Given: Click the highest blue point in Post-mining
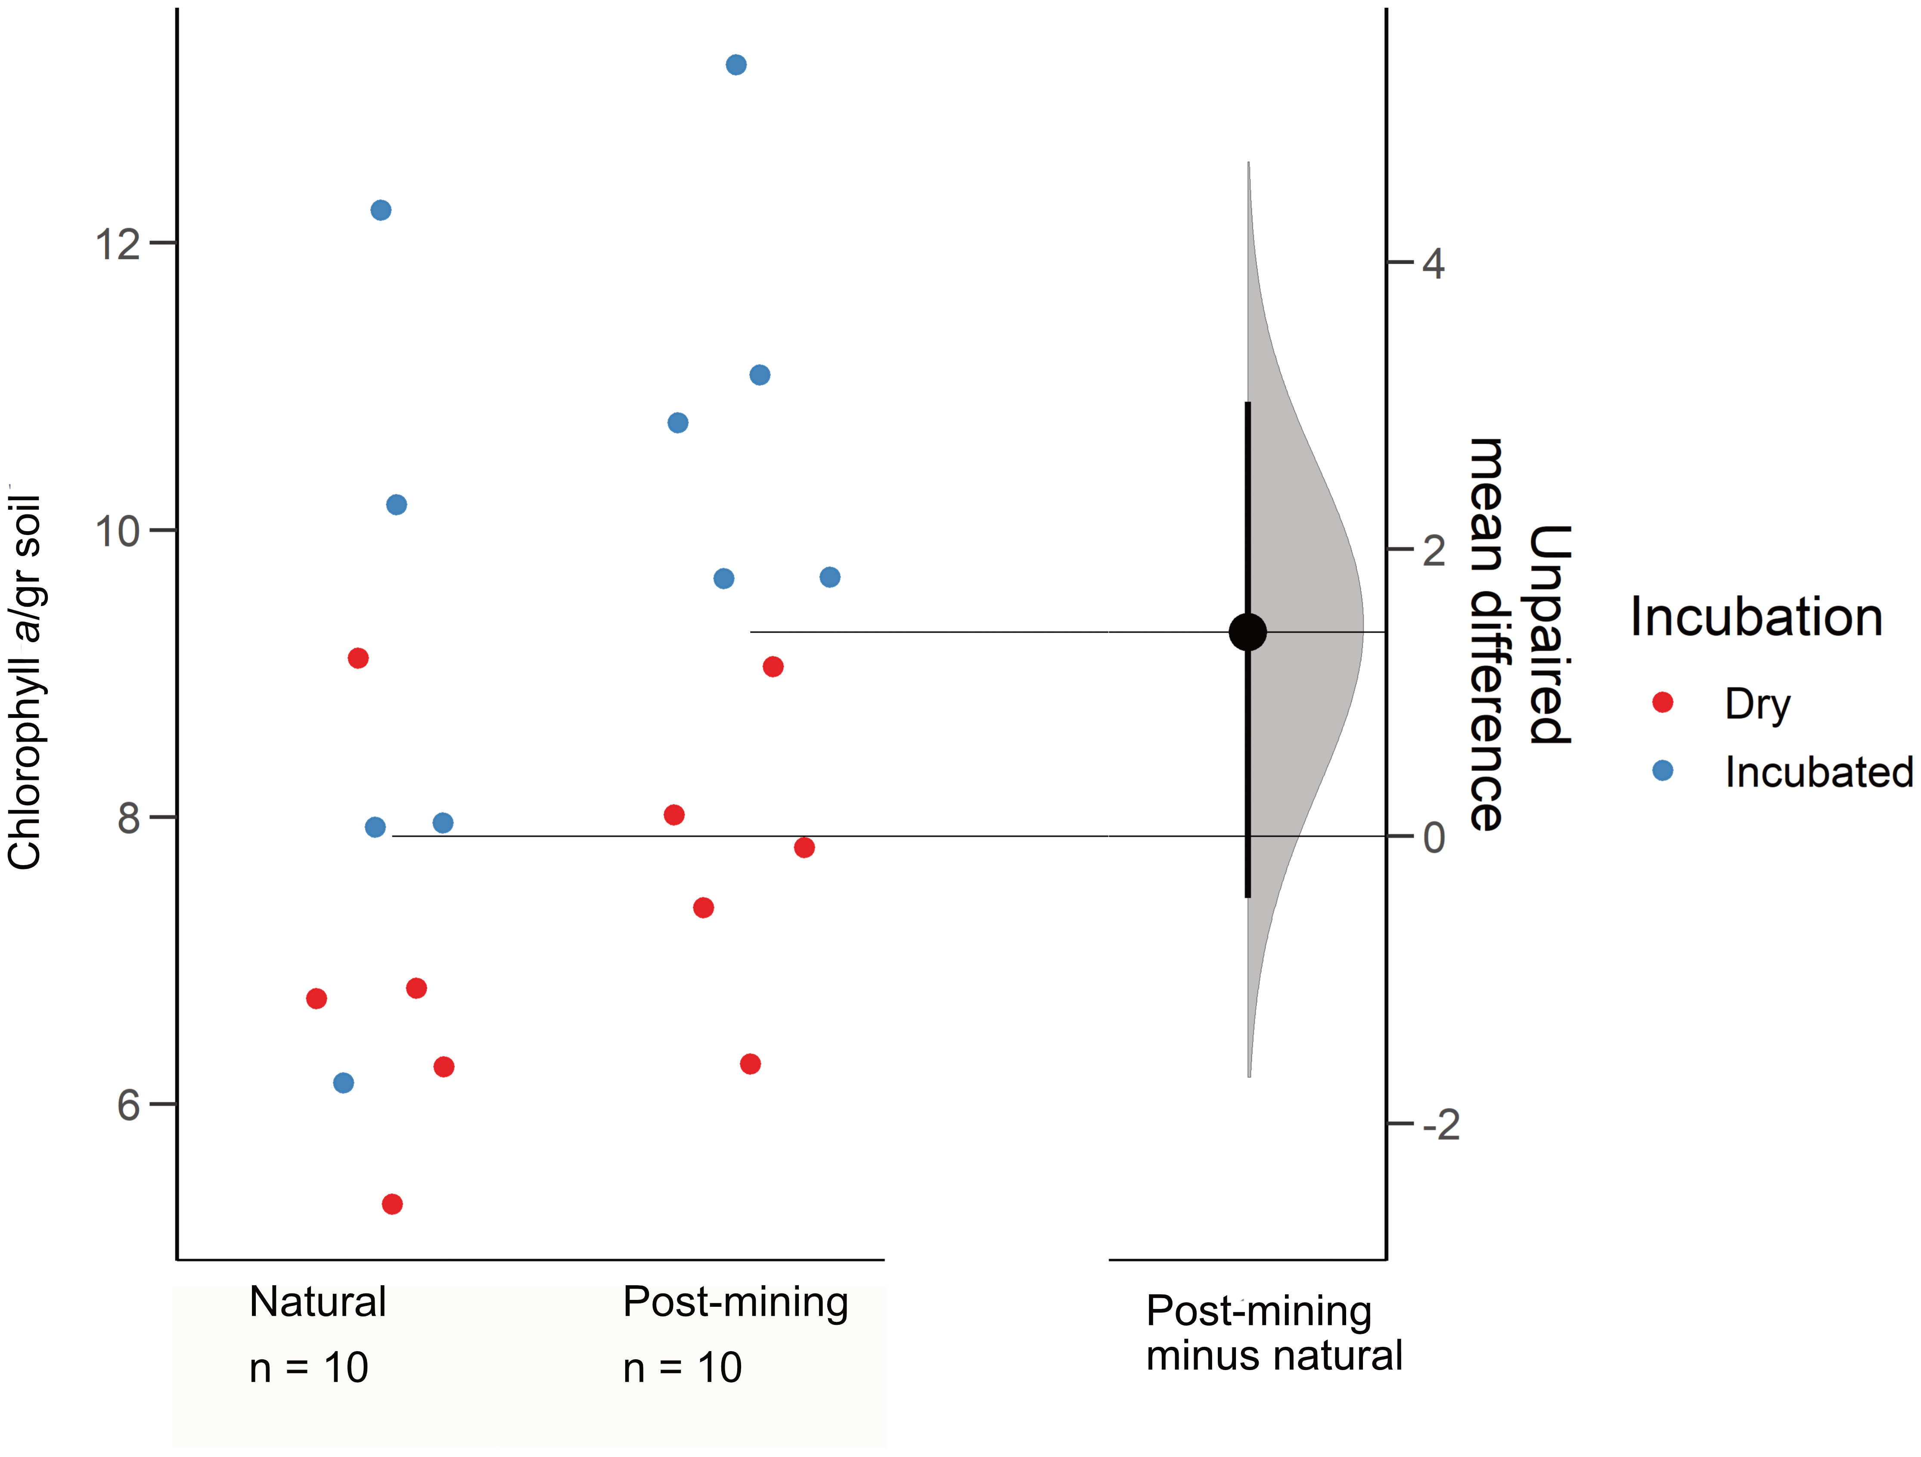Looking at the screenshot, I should click(x=736, y=65).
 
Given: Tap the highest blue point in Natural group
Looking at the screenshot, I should click(x=380, y=210).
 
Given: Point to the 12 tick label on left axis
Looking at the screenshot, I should click(x=117, y=244).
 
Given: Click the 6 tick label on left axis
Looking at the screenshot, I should click(x=128, y=1105).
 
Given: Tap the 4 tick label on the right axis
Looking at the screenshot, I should click(x=1434, y=263).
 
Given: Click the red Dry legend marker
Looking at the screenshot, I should click(x=1662, y=702).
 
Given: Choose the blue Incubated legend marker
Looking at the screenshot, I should click(x=1662, y=770).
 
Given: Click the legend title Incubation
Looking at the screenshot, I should click(x=1756, y=617).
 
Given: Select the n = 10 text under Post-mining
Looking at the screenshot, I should click(x=683, y=1367).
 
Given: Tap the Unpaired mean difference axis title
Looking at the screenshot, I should click(x=1518, y=634).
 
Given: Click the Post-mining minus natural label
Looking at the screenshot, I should click(x=1273, y=1333).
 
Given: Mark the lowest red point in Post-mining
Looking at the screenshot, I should click(x=750, y=1064).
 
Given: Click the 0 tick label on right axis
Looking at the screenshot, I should click(x=1434, y=838).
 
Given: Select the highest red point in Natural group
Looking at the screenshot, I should click(x=358, y=658).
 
